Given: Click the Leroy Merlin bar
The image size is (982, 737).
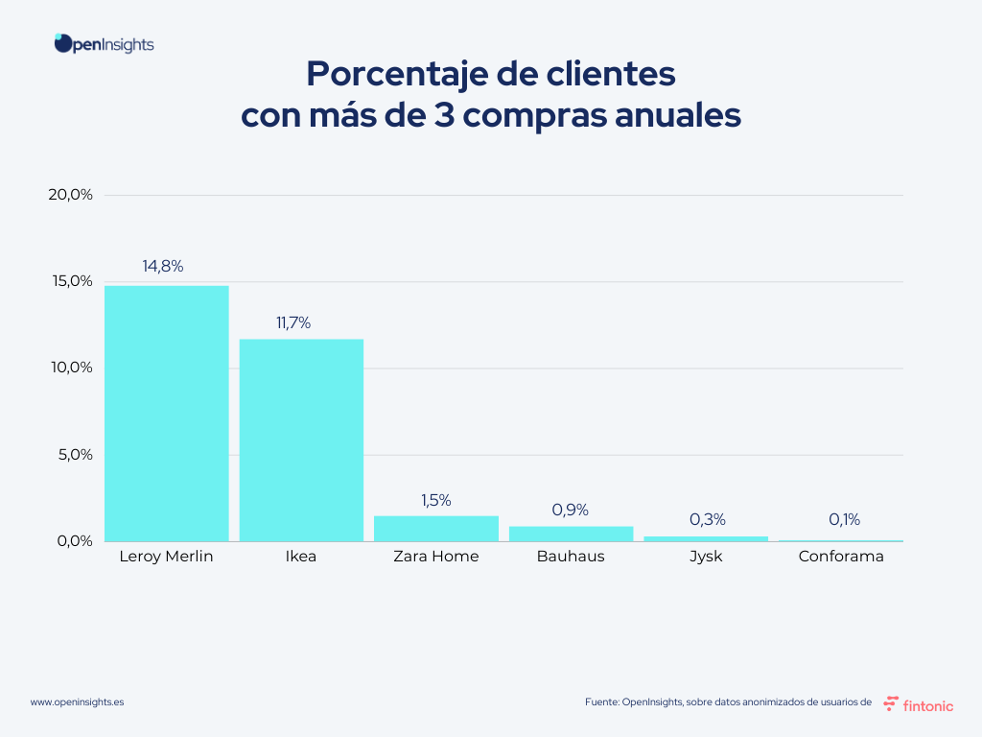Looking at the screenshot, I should (167, 413).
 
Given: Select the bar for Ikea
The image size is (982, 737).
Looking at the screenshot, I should (301, 440).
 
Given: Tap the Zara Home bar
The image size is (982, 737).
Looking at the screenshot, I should (436, 529).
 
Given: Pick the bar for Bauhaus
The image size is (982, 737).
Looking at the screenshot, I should (571, 534).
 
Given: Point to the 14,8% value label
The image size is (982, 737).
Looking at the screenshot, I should (163, 267).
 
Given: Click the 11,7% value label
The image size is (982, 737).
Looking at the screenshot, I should (293, 323).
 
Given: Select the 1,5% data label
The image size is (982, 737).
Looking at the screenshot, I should (435, 500).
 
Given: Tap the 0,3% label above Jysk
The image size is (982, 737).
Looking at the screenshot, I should (708, 520).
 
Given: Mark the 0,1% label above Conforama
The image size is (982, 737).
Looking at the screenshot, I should (844, 520).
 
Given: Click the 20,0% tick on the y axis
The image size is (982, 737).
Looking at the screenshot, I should (70, 195).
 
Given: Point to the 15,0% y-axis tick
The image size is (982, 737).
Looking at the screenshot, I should (70, 281).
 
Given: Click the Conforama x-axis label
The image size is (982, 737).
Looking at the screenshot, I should (841, 557).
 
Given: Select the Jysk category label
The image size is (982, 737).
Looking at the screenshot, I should (706, 557).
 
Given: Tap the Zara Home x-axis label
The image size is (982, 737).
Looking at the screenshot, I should (436, 557).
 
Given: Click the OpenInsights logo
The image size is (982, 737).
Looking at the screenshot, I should (104, 44).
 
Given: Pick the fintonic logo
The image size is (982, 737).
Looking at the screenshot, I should (918, 703).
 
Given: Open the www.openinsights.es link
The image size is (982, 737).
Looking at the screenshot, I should (77, 702).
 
